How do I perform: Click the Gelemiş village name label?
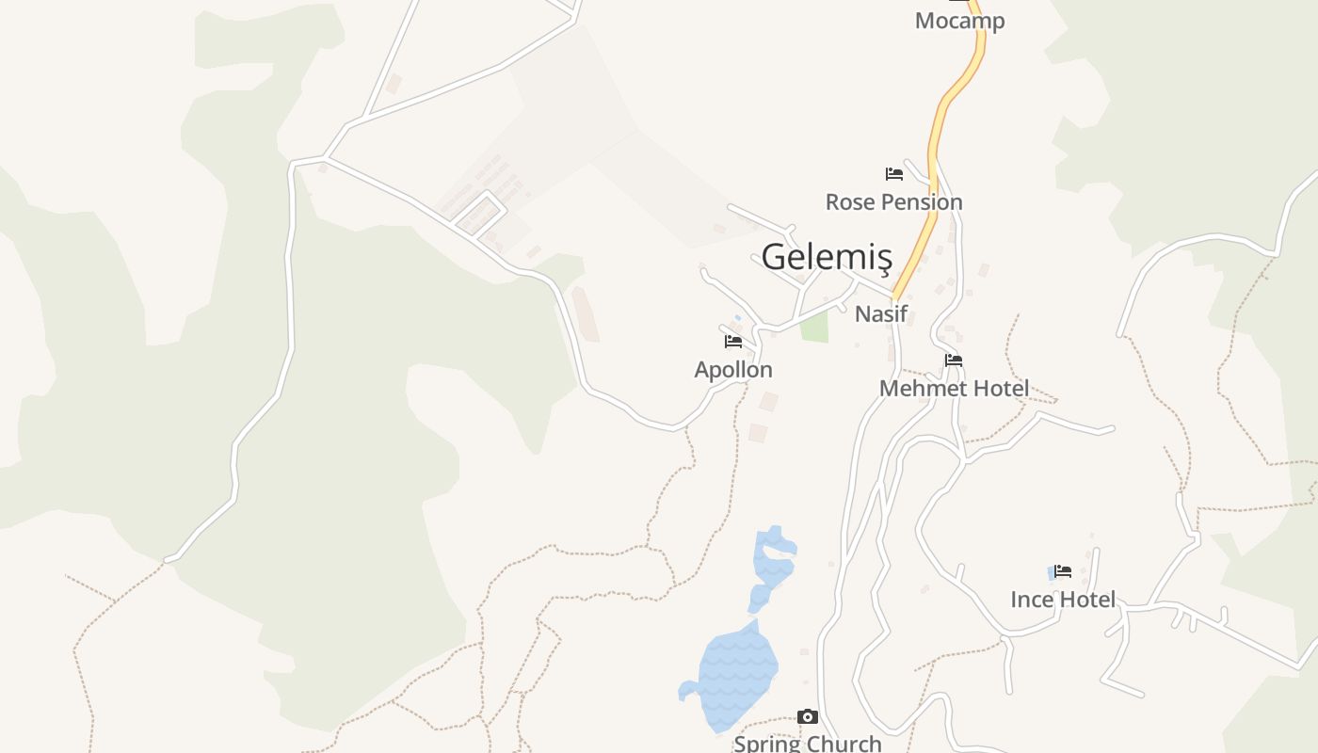coord(826,257)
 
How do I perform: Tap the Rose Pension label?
coord(893,202)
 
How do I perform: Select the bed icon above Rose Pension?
coord(893,174)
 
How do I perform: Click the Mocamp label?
coord(959,21)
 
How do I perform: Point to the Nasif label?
coord(880,314)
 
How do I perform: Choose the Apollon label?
coord(733,370)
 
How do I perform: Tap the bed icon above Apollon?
coord(733,342)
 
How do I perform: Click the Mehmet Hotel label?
coord(954,389)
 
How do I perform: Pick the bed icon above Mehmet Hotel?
coord(954,360)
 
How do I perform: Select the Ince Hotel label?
coord(1063,600)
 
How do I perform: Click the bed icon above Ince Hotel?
coord(1064,571)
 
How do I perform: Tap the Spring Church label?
coord(808,744)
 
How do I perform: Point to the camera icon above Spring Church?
coord(808,717)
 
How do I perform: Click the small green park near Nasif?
coord(814,327)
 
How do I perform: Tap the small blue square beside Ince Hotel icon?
coord(1052,572)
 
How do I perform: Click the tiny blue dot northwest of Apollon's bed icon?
coord(737,318)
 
